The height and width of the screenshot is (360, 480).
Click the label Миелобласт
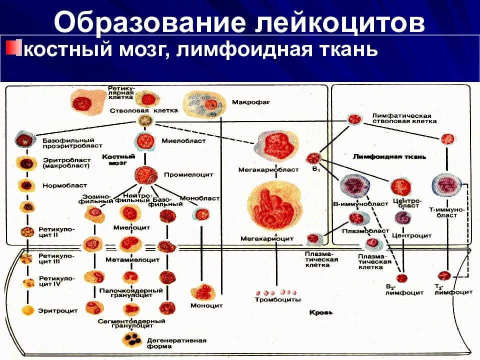(183, 141)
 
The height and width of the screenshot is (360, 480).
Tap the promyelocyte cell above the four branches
(146, 175)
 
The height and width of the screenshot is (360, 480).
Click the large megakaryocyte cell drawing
(274, 205)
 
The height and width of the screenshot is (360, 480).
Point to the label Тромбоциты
(278, 299)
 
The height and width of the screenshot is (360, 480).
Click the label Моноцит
(206, 305)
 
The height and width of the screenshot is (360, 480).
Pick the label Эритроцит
(58, 310)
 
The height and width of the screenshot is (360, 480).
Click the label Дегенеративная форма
(176, 343)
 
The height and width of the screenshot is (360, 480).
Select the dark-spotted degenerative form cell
(133, 339)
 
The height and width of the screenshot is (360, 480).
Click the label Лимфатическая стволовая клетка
(404, 118)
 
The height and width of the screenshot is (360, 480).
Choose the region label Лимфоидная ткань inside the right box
(389, 156)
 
